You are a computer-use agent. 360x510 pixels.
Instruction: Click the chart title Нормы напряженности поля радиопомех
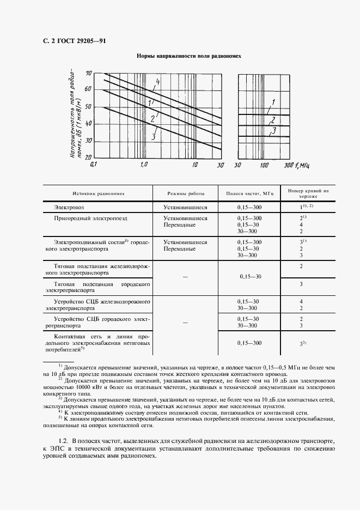(x=188, y=56)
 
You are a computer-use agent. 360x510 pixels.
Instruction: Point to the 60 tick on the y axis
(x=88, y=89)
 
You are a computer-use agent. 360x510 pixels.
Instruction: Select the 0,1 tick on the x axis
(x=93, y=165)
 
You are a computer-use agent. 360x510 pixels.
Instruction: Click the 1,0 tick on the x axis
(x=144, y=165)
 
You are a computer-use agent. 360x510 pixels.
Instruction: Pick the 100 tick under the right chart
(x=264, y=165)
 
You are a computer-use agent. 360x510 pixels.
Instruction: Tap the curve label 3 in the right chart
(x=274, y=130)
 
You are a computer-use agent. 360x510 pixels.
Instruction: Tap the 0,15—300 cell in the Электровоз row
(x=249, y=207)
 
